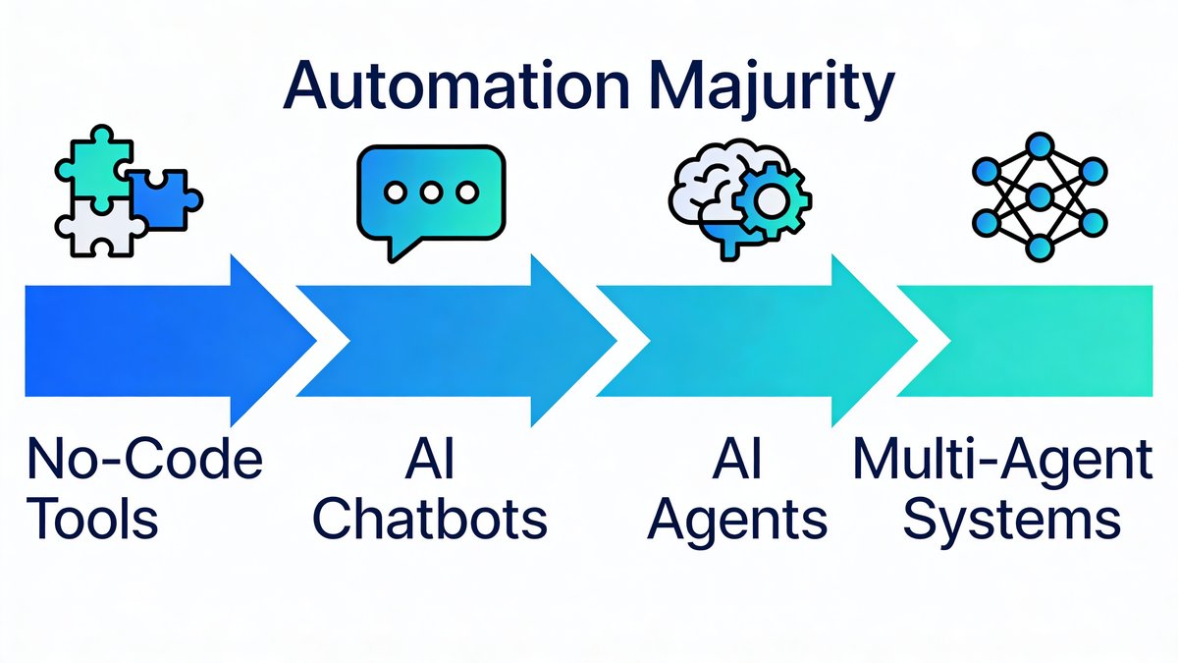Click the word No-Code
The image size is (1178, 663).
coord(144,460)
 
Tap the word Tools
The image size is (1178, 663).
coord(93,520)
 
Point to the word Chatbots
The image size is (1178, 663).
coord(430,520)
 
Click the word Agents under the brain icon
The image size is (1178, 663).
coord(739,520)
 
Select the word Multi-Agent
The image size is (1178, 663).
coord(1002,460)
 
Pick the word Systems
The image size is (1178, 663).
coord(1012,520)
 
